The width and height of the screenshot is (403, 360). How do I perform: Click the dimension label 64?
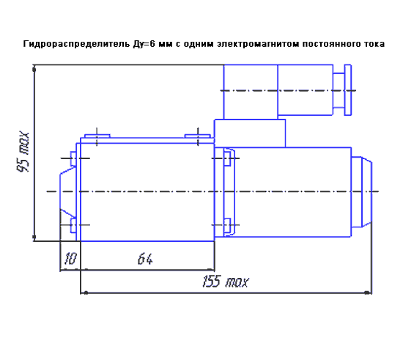tap(145, 259)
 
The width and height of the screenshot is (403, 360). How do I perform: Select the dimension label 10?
tap(70, 259)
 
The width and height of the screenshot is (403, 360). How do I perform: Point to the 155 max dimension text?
tap(225, 282)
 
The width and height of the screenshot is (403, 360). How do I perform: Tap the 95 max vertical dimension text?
tap(23, 153)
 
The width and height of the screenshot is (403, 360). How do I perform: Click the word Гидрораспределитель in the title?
tap(77, 44)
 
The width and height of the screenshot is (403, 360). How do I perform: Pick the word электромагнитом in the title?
tap(258, 44)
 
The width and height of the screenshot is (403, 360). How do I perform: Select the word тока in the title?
tap(374, 44)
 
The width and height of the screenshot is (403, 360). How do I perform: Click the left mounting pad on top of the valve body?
tap(97, 136)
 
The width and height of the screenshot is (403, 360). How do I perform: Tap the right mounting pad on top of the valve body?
tap(198, 136)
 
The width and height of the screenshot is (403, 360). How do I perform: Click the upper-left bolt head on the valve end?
tap(73, 158)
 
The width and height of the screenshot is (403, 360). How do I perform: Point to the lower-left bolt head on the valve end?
tap(73, 225)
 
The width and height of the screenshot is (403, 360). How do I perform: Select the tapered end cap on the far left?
tap(68, 191)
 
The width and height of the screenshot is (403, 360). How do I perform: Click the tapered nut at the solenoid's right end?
tap(366, 192)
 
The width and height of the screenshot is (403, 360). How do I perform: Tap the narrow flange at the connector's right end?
tap(348, 90)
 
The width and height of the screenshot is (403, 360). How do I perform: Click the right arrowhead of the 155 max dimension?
tap(369, 293)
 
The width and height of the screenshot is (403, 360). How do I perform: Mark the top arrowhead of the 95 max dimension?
tap(34, 69)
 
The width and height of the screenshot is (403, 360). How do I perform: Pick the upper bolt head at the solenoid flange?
tap(227, 158)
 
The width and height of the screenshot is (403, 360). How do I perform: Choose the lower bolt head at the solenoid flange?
tap(227, 225)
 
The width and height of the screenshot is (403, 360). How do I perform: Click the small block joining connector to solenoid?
tap(250, 133)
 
